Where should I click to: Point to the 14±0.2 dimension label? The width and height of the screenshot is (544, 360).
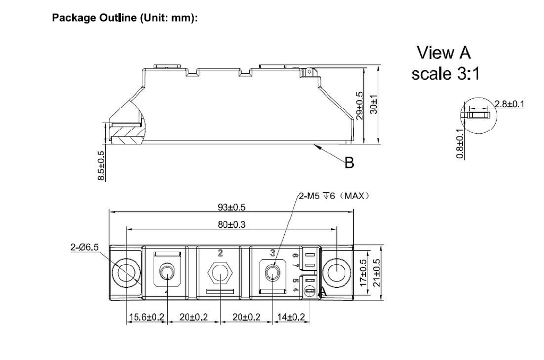pos(292,317)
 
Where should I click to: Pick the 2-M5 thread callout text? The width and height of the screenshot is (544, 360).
pos(333,196)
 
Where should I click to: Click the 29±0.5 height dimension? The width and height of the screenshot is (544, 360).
pos(360,106)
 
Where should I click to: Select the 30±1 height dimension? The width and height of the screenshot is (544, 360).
pos(374,104)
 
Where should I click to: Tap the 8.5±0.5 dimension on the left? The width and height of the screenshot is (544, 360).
pos(101,166)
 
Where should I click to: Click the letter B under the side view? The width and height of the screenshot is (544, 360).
pos(349,163)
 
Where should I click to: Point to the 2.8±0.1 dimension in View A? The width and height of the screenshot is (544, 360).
pos(509,104)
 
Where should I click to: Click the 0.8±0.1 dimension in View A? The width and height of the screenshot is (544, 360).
pos(461,143)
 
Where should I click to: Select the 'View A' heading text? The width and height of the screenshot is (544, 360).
pos(444,53)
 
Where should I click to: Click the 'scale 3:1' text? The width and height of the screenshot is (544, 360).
pos(445,74)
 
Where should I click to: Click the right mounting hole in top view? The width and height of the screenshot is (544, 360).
pos(336,273)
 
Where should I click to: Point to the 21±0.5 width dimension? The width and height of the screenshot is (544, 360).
pos(378,273)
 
